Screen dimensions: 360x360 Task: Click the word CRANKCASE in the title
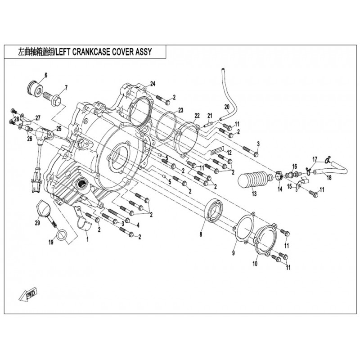click(100, 51)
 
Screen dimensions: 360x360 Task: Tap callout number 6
click(45, 74)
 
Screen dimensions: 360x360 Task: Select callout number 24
click(153, 84)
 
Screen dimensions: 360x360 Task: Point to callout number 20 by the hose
click(227, 107)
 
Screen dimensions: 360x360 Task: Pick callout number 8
click(201, 234)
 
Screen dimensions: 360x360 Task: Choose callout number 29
click(37, 222)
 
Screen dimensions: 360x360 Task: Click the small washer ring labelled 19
click(64, 234)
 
